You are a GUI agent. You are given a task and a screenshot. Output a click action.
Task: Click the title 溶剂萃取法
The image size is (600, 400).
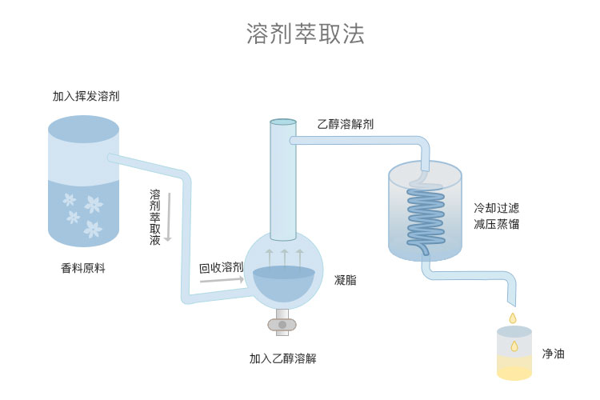click(x=305, y=34)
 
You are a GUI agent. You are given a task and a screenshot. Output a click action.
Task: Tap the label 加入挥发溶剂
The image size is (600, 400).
click(x=86, y=96)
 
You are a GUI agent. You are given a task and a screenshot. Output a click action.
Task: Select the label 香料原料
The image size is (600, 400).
click(x=83, y=268)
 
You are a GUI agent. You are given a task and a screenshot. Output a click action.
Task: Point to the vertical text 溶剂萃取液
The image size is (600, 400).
click(x=155, y=217)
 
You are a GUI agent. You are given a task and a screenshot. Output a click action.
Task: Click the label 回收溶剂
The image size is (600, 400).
click(x=222, y=267)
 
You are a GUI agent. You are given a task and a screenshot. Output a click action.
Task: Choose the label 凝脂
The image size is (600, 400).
click(x=345, y=280)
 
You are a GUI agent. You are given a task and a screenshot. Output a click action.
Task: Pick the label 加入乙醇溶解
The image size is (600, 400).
click(x=282, y=358)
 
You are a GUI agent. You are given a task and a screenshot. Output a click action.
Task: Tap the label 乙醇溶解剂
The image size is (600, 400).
click(x=345, y=124)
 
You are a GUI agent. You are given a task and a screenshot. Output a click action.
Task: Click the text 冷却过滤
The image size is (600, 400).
click(x=496, y=207)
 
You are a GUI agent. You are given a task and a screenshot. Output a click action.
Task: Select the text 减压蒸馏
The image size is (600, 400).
click(x=496, y=224)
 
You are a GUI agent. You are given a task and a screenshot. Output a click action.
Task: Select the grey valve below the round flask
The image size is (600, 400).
click(x=282, y=324)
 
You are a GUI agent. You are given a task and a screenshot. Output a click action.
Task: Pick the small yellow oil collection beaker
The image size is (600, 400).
click(x=514, y=353)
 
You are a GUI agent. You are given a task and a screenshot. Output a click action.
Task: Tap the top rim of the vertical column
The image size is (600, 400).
click(x=282, y=122)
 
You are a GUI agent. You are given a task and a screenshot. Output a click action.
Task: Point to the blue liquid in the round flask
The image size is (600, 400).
click(x=283, y=283)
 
